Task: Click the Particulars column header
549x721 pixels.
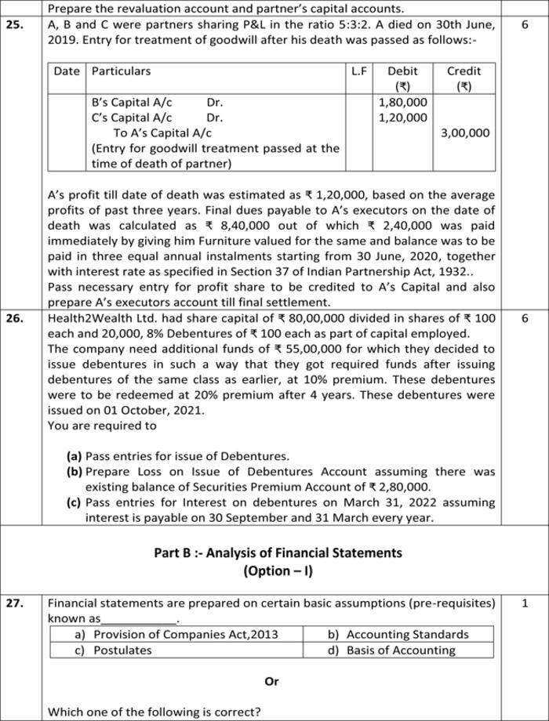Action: point(122,71)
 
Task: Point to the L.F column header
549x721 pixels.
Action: point(359,71)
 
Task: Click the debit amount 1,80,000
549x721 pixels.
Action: point(403,102)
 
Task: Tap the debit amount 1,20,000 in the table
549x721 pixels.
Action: point(403,118)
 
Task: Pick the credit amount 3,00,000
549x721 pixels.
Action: point(465,133)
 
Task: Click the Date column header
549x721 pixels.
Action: point(67,71)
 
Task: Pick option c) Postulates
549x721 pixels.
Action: point(114,650)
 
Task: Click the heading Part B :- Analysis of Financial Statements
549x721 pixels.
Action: point(278,553)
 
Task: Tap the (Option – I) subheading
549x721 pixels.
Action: point(278,571)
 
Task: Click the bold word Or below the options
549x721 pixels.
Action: point(271,681)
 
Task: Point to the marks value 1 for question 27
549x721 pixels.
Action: point(524,603)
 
